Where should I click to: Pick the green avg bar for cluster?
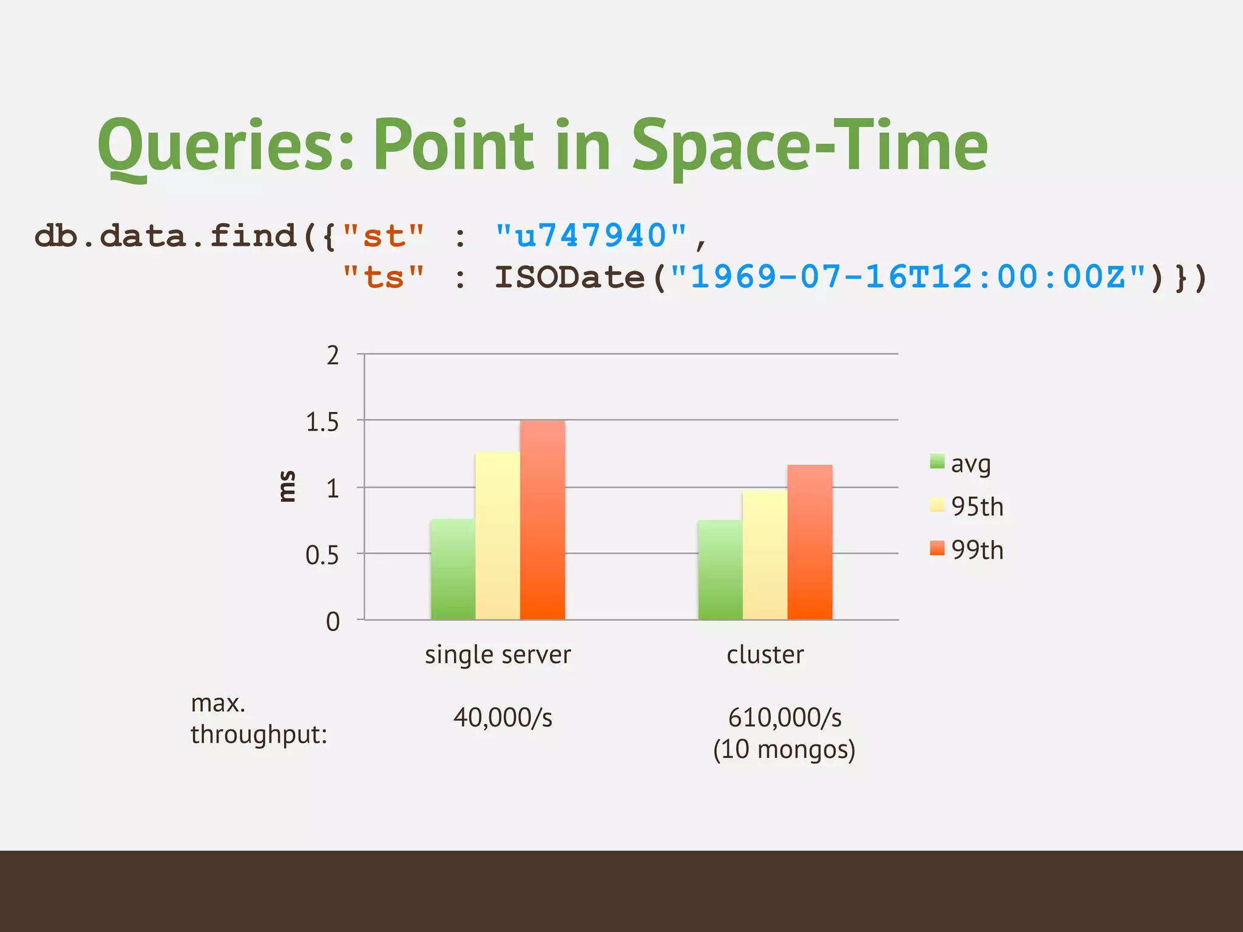(x=720, y=570)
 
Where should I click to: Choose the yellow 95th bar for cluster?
(x=765, y=555)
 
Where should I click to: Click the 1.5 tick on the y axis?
(x=322, y=422)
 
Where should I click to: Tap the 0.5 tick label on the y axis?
(x=322, y=555)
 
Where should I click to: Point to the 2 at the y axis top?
(x=333, y=356)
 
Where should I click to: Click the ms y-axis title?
(x=286, y=487)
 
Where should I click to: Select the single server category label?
(x=498, y=655)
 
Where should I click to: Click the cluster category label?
(x=765, y=655)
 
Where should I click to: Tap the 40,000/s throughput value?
(x=503, y=717)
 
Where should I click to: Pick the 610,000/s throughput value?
(x=784, y=717)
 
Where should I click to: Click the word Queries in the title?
(x=225, y=146)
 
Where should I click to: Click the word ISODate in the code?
(x=569, y=277)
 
